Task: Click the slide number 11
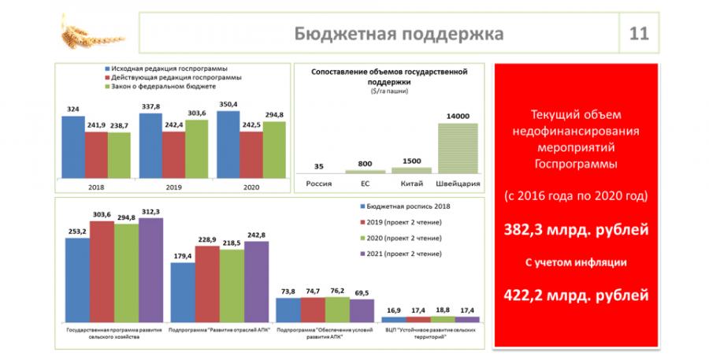tap(638, 34)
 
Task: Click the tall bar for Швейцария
tap(457, 147)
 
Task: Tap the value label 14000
tap(457, 116)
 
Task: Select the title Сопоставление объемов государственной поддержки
tap(388, 76)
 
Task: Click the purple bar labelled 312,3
tap(150, 269)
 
